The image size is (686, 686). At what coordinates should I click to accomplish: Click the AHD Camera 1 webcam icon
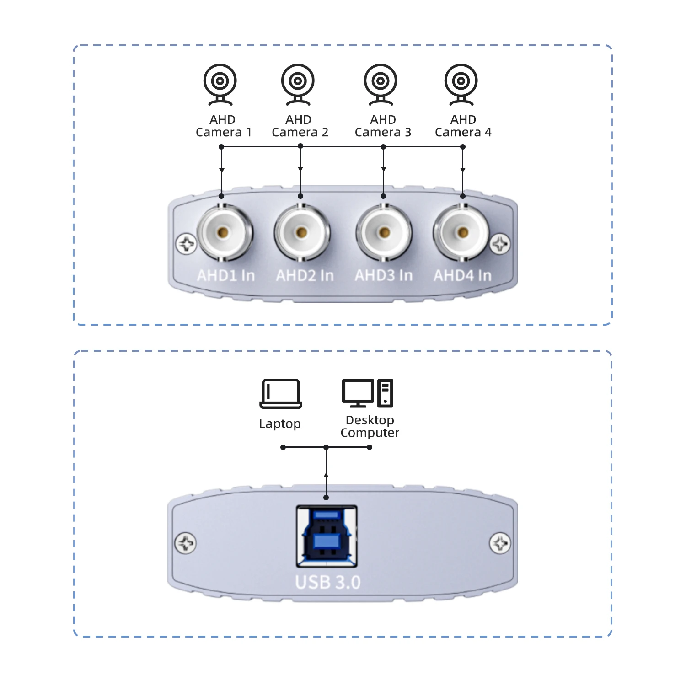(x=220, y=84)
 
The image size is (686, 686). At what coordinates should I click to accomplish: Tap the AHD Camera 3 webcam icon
(x=381, y=84)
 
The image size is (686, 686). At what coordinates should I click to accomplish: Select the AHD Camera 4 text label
(x=463, y=126)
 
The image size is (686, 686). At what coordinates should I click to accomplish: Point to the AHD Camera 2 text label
(x=300, y=126)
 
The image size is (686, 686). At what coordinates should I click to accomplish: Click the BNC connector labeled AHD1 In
(x=223, y=232)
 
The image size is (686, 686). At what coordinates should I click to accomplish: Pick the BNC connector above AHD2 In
(x=301, y=232)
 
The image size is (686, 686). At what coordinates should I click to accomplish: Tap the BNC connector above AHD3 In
(x=384, y=232)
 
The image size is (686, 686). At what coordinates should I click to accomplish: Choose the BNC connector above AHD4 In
(x=462, y=232)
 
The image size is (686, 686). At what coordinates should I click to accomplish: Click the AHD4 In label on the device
(x=462, y=275)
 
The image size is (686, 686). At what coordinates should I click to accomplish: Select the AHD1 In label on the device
(x=226, y=275)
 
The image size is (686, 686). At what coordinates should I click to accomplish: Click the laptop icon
(x=281, y=393)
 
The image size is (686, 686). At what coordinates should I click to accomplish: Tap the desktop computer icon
(x=368, y=393)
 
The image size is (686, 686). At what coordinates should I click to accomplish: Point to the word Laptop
(x=280, y=424)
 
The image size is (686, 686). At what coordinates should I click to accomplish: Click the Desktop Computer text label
(x=370, y=426)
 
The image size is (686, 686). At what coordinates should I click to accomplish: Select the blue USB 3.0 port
(x=327, y=536)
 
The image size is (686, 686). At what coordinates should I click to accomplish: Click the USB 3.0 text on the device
(x=328, y=582)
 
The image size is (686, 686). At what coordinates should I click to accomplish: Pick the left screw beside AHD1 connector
(x=187, y=244)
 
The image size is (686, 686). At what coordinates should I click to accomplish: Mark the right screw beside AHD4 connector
(x=500, y=244)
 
